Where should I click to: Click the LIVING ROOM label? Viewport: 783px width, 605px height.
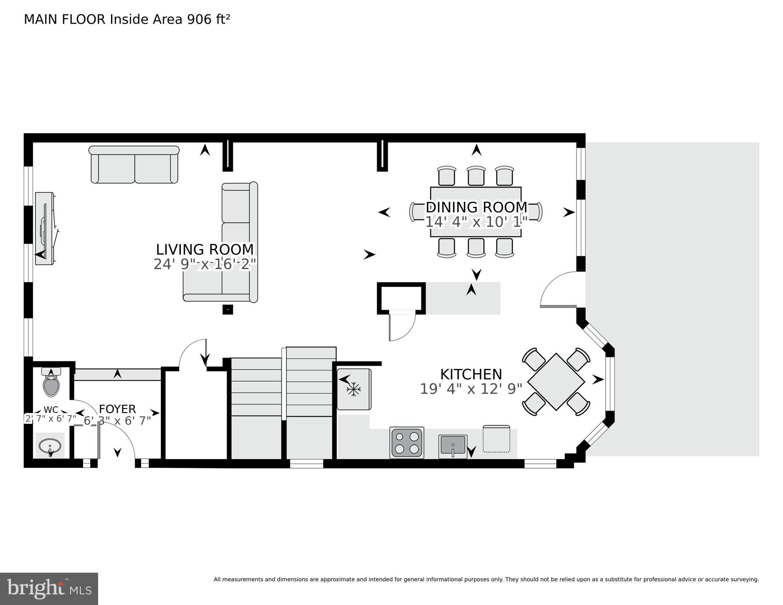coord(205,249)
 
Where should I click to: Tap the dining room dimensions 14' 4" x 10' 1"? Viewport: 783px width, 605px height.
coord(476,222)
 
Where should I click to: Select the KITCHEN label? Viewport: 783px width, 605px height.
coord(471,374)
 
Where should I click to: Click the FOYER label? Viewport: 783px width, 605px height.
coord(117,409)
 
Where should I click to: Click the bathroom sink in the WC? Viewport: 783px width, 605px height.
coord(50,447)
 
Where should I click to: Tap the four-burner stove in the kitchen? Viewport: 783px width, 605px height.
coord(407,443)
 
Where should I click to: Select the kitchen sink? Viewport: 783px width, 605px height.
coord(452,446)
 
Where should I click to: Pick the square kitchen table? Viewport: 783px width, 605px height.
coord(556,382)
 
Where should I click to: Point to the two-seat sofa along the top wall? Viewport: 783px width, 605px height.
coord(134,165)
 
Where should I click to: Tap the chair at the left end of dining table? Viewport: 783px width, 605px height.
coord(417,212)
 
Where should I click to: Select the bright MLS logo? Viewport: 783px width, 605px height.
coord(49,589)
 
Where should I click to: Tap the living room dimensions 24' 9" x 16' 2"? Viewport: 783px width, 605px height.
coord(205,264)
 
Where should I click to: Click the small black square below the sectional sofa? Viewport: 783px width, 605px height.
coord(227,309)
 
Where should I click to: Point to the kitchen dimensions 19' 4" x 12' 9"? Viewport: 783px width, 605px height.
coord(471,389)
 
